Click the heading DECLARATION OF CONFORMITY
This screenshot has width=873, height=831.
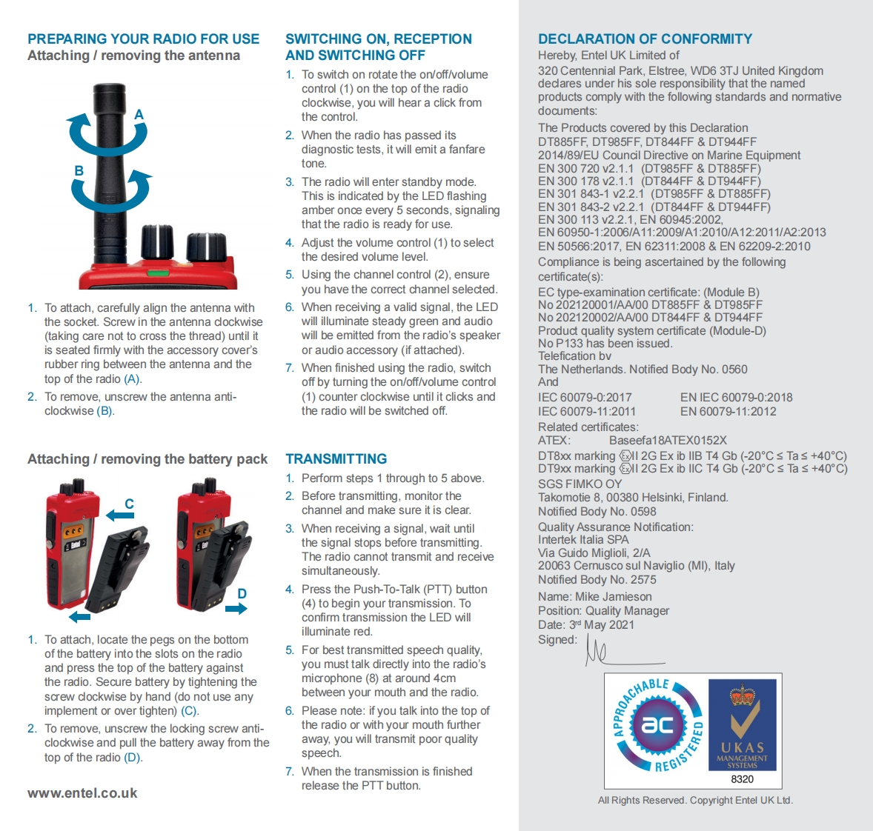(x=645, y=39)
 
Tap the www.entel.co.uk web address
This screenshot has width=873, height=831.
(x=82, y=792)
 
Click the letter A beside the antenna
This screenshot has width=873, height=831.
(x=139, y=115)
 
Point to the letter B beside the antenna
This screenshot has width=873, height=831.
(x=79, y=170)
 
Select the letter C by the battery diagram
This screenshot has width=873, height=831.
(x=129, y=504)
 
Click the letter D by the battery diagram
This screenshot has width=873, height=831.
(x=242, y=593)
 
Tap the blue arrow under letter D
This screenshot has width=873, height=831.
(x=236, y=609)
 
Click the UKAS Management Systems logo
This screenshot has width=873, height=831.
(x=742, y=726)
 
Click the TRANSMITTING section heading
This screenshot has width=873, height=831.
(x=336, y=459)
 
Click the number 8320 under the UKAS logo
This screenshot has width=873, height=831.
(x=742, y=779)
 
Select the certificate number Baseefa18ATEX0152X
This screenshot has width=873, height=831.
(x=668, y=440)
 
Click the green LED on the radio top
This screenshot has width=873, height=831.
(x=157, y=273)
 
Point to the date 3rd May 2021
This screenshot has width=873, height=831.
(x=601, y=624)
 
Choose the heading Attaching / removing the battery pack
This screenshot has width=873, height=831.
(x=147, y=459)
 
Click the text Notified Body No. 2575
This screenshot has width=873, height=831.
(x=597, y=579)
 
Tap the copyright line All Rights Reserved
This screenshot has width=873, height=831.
(x=695, y=800)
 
